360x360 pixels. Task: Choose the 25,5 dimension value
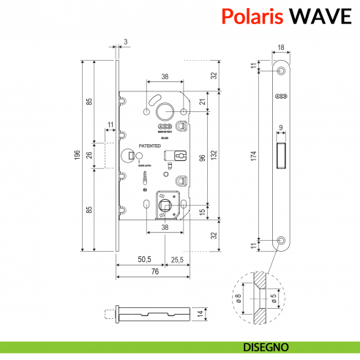178,259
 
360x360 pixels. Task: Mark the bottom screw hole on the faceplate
282,240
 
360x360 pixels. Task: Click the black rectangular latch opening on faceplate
281,154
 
